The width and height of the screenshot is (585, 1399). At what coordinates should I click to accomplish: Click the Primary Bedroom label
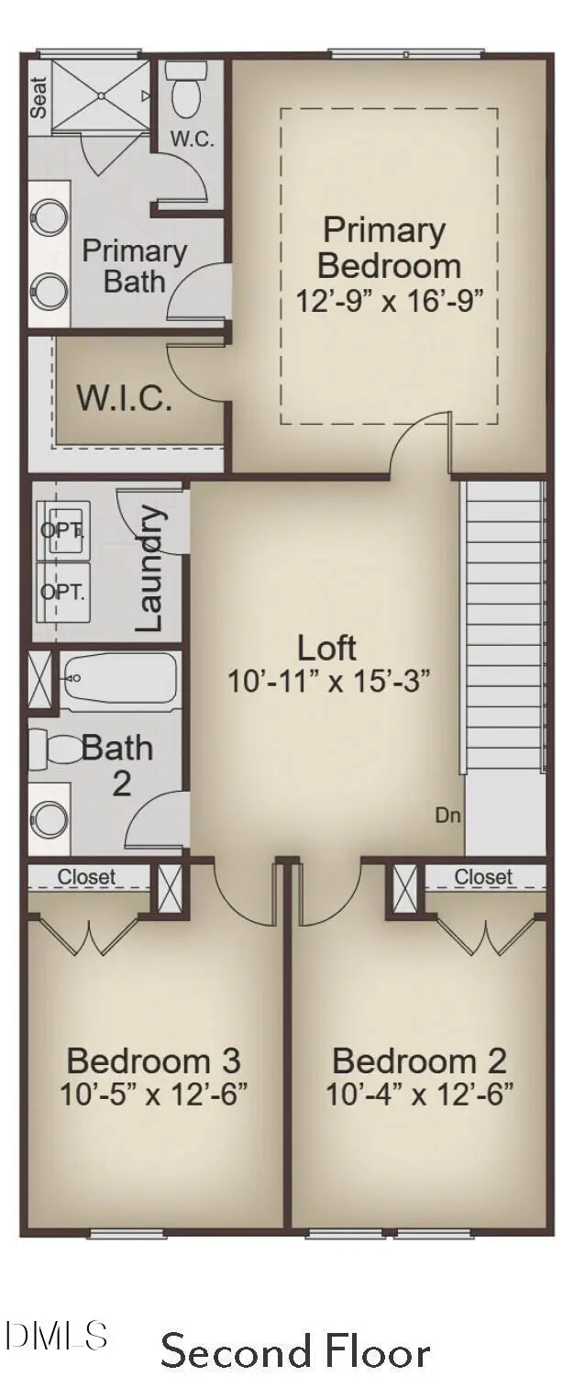click(388, 248)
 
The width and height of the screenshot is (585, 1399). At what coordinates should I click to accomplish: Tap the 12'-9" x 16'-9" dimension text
click(388, 301)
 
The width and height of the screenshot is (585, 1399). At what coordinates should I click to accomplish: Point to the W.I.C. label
click(124, 399)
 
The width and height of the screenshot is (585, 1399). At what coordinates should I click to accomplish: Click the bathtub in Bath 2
click(119, 679)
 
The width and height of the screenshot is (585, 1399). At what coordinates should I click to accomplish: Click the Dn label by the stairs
click(447, 815)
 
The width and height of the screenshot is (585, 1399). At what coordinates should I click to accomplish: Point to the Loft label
click(326, 648)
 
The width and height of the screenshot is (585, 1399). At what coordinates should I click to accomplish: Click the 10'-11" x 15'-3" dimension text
click(328, 682)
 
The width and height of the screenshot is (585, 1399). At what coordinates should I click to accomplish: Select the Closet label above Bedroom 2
click(482, 877)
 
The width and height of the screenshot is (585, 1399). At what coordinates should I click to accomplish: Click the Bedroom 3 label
click(153, 1061)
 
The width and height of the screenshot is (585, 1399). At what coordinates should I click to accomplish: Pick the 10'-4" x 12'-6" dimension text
click(419, 1094)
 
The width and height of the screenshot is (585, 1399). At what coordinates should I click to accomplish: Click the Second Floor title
click(295, 1352)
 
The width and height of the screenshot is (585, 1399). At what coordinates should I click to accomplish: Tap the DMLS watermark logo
click(57, 1335)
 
